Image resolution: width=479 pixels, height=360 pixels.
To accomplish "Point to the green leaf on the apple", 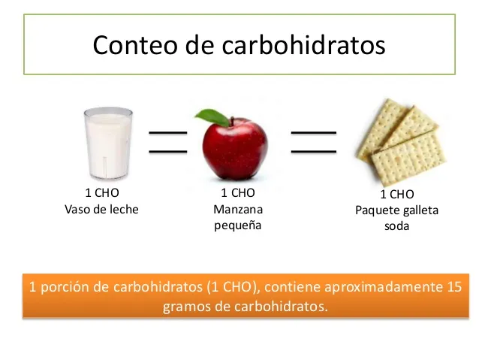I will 212,116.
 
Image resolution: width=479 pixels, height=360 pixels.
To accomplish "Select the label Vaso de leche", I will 102,210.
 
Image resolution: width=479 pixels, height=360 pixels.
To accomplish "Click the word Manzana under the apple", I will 238,210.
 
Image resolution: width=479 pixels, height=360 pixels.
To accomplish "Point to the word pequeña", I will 238,225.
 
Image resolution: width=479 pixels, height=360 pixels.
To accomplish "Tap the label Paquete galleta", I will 396,210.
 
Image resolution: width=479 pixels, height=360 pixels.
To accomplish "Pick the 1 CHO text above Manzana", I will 238,194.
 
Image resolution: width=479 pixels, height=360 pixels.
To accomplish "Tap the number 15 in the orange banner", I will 451,286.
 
